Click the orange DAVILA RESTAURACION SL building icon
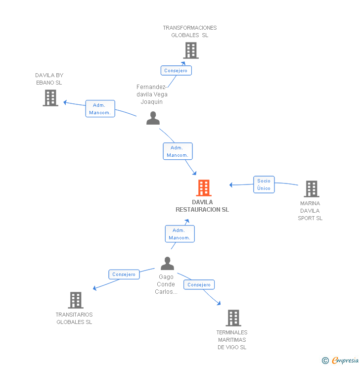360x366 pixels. (x=204, y=188)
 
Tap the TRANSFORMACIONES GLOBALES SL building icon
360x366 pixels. (x=191, y=50)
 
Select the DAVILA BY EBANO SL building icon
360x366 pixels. (x=50, y=98)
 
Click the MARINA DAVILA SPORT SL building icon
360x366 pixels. (x=311, y=189)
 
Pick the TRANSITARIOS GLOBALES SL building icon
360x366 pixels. (x=75, y=300)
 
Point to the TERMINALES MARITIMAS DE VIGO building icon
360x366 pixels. (x=233, y=318)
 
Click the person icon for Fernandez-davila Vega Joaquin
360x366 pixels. (x=153, y=118)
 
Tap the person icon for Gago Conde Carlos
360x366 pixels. (x=168, y=264)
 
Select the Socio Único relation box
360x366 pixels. (x=264, y=184)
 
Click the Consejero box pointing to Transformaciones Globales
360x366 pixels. (x=176, y=70)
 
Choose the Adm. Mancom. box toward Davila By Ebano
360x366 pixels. (x=100, y=109)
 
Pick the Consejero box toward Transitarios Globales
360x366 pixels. (x=124, y=274)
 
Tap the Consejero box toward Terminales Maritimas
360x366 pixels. (x=199, y=284)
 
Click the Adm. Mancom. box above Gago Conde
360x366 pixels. (x=180, y=234)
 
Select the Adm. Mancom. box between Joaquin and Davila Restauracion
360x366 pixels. (x=178, y=151)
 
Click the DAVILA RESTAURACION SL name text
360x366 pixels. (x=202, y=206)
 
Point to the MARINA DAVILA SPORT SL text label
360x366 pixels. (x=310, y=211)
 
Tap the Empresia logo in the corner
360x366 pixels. (x=345, y=361)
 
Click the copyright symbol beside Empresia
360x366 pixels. (x=325, y=361)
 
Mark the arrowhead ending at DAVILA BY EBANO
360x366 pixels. (x=65, y=103)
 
